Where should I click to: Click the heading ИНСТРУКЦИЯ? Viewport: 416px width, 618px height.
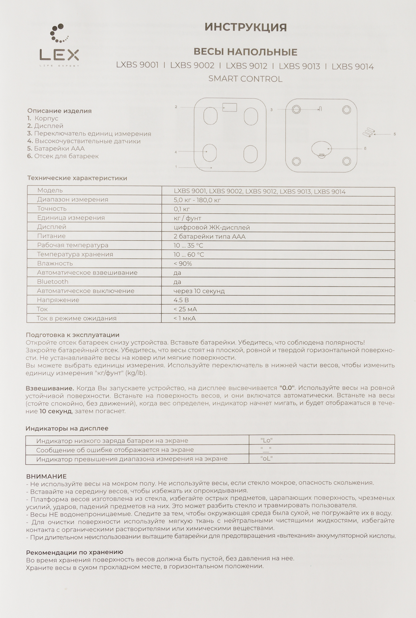pyautogui.click(x=245, y=28)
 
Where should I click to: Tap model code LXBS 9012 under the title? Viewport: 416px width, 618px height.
pyautogui.click(x=246, y=66)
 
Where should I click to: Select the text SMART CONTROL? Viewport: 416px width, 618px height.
pyautogui.click(x=245, y=79)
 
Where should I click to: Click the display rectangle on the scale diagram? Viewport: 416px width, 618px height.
pyautogui.click(x=230, y=107)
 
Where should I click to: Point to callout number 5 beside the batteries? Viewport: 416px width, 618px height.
pyautogui.click(x=394, y=134)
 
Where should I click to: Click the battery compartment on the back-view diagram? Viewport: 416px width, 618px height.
pyautogui.click(x=321, y=149)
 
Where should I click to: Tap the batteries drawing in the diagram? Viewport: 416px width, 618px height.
pyautogui.click(x=368, y=132)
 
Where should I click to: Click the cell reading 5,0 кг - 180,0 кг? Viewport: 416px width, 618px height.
pyautogui.click(x=197, y=200)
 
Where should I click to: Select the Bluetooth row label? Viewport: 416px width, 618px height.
pyautogui.click(x=53, y=281)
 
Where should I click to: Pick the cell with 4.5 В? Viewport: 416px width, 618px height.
pyautogui.click(x=181, y=300)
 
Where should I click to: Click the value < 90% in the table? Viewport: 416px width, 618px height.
pyautogui.click(x=183, y=264)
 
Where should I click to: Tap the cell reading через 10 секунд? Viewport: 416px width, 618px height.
pyautogui.click(x=199, y=291)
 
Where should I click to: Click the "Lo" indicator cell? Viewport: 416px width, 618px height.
pyautogui.click(x=266, y=440)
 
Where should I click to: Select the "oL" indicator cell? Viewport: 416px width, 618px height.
pyautogui.click(x=266, y=459)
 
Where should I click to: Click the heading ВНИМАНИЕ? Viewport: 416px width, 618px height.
pyautogui.click(x=46, y=476)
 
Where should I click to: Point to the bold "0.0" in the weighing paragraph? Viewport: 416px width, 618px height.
pyautogui.click(x=287, y=388)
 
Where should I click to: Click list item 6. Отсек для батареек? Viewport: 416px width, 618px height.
pyautogui.click(x=63, y=156)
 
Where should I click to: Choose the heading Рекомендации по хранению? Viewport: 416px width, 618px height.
pyautogui.click(x=74, y=552)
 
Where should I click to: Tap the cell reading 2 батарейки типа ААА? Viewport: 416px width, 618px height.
pyautogui.click(x=210, y=237)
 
